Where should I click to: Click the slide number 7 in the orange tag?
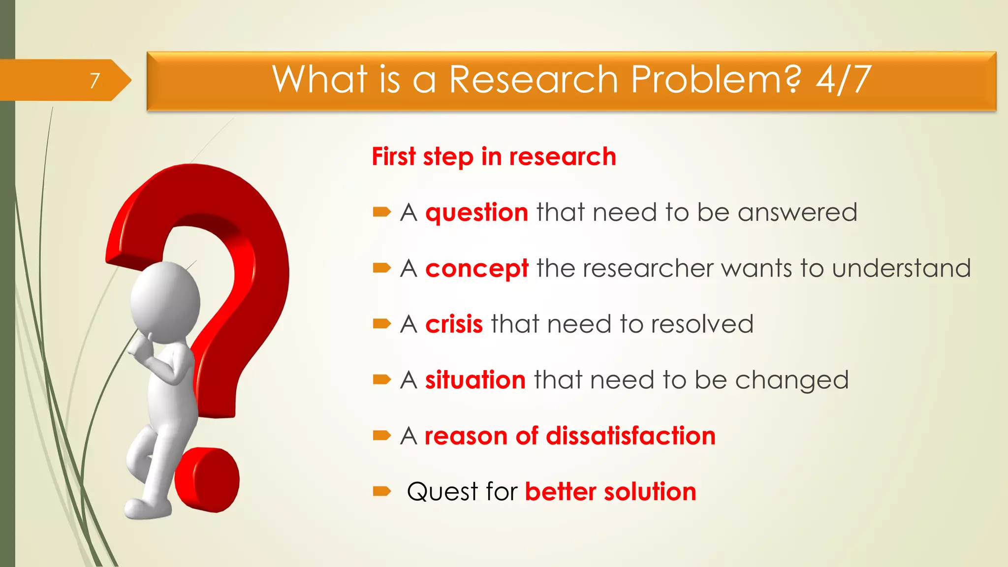94,80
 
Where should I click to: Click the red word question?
476,213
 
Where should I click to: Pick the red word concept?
476,269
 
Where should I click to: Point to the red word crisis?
454,324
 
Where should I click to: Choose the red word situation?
475,380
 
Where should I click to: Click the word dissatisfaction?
630,436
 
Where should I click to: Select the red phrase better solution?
610,492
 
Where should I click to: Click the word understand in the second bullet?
901,269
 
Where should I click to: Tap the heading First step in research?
494,157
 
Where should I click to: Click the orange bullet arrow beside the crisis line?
381,324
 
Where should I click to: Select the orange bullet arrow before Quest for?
381,491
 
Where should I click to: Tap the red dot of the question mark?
207,480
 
